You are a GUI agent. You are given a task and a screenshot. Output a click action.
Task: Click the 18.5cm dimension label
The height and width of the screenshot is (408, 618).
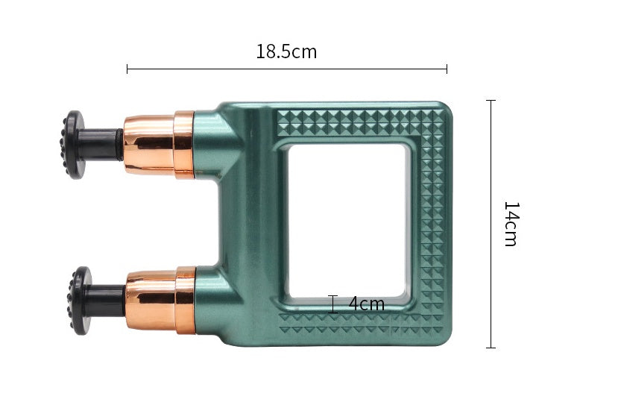[x=286, y=51]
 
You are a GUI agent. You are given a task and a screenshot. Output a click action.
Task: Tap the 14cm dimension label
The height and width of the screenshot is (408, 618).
[x=510, y=224]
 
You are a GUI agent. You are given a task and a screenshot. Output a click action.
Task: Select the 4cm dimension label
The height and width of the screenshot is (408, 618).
[x=366, y=304]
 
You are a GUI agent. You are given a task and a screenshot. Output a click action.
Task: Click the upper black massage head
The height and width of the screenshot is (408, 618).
[x=74, y=145]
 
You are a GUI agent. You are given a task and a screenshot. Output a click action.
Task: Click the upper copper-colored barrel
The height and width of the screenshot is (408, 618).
[x=158, y=145]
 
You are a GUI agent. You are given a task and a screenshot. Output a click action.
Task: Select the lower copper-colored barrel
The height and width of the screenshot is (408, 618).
[x=160, y=300]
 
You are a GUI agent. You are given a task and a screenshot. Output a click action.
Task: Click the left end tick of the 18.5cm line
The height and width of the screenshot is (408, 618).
[x=127, y=69]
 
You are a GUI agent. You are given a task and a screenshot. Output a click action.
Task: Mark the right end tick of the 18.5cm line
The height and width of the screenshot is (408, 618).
[x=447, y=69]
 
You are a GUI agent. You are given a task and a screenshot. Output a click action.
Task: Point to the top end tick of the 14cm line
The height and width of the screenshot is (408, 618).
[x=491, y=101]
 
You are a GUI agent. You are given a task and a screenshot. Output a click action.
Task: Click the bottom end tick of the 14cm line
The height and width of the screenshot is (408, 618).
[x=491, y=347]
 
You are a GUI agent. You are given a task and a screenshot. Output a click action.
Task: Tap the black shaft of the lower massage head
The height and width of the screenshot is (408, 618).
[x=108, y=300]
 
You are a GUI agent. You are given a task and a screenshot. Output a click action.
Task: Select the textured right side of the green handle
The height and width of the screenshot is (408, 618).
[x=432, y=224]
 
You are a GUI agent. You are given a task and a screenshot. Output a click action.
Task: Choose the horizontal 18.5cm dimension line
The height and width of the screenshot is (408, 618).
[x=287, y=69]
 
